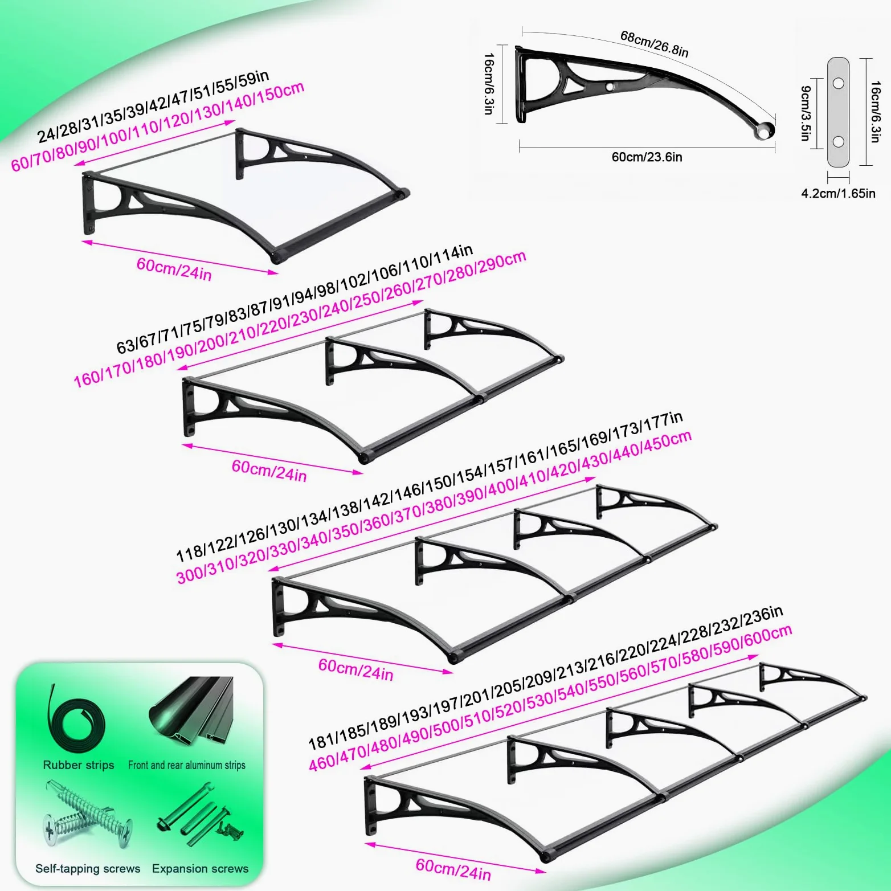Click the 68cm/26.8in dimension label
[x=655, y=44]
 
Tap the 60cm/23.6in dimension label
[x=647, y=157]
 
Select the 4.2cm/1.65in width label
[x=838, y=194]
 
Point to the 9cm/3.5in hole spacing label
[x=806, y=113]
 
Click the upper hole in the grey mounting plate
[x=838, y=83]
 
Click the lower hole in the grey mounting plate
[x=838, y=141]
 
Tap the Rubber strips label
[x=79, y=765]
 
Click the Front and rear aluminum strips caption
[x=187, y=765]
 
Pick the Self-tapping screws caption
[x=88, y=869]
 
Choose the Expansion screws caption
[x=200, y=869]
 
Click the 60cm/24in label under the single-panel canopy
[x=174, y=269]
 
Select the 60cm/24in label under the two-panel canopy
[x=269, y=471]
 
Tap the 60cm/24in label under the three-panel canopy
[x=355, y=669]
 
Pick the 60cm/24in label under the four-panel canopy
[x=453, y=869]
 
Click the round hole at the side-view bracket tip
[x=764, y=130]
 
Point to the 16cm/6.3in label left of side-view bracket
[x=489, y=84]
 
